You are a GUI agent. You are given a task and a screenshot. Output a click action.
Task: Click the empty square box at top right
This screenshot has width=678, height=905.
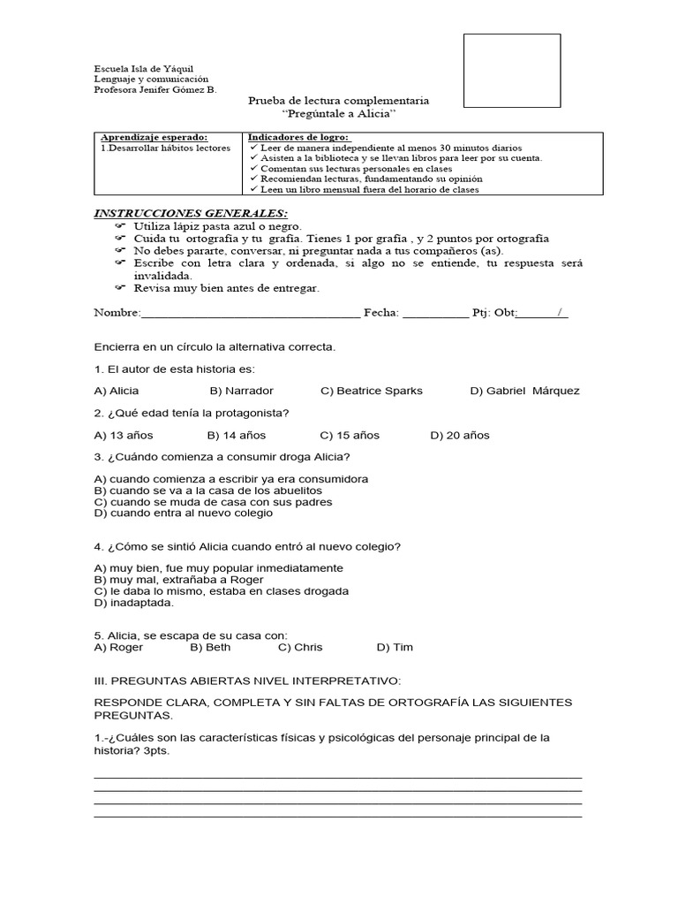512,71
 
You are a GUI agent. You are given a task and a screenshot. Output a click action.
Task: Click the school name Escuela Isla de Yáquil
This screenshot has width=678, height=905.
144,69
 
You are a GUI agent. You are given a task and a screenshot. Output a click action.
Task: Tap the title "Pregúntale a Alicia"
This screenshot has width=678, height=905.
339,115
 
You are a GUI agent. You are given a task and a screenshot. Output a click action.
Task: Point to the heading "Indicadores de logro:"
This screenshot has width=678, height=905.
298,138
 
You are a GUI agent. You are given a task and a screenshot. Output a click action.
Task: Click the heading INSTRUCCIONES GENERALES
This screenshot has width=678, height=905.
191,214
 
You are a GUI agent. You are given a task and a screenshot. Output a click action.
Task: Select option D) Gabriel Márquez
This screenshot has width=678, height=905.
524,391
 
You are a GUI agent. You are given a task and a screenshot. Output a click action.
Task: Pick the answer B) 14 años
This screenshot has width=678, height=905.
237,436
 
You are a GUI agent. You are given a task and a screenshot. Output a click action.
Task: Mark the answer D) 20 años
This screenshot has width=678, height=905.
460,436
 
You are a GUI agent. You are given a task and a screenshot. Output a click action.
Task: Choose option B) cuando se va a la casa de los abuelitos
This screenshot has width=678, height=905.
208,491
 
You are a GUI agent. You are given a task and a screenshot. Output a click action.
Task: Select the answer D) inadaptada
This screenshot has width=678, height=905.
134,603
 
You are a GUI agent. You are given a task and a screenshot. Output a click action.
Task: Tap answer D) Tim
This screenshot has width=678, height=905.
395,648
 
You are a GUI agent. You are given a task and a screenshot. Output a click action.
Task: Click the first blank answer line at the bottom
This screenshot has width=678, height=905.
337,776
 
